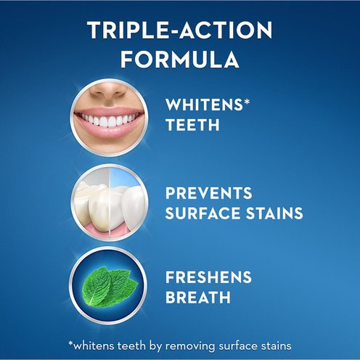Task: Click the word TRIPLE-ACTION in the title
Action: (x=180, y=30)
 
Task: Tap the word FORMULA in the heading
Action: (x=180, y=60)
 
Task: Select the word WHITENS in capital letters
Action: (x=204, y=105)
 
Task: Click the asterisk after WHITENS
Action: (x=246, y=102)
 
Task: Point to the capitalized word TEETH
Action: (x=192, y=125)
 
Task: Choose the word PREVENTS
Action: (x=209, y=193)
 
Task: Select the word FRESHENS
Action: (x=208, y=277)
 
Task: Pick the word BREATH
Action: (x=198, y=297)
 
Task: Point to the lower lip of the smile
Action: (x=108, y=132)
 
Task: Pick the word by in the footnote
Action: (x=155, y=346)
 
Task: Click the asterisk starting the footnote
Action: (x=70, y=344)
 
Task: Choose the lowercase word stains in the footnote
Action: (x=276, y=346)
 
